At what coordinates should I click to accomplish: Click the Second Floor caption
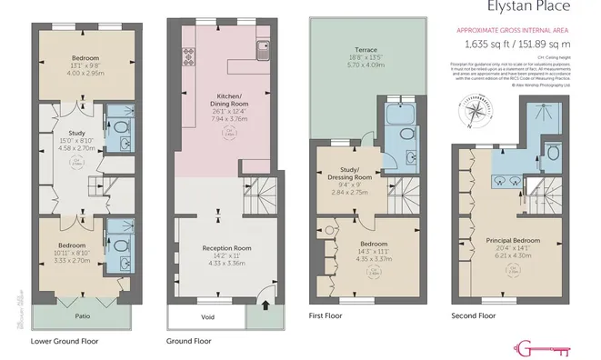(474, 315)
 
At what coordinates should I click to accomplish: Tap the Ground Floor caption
(190, 342)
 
